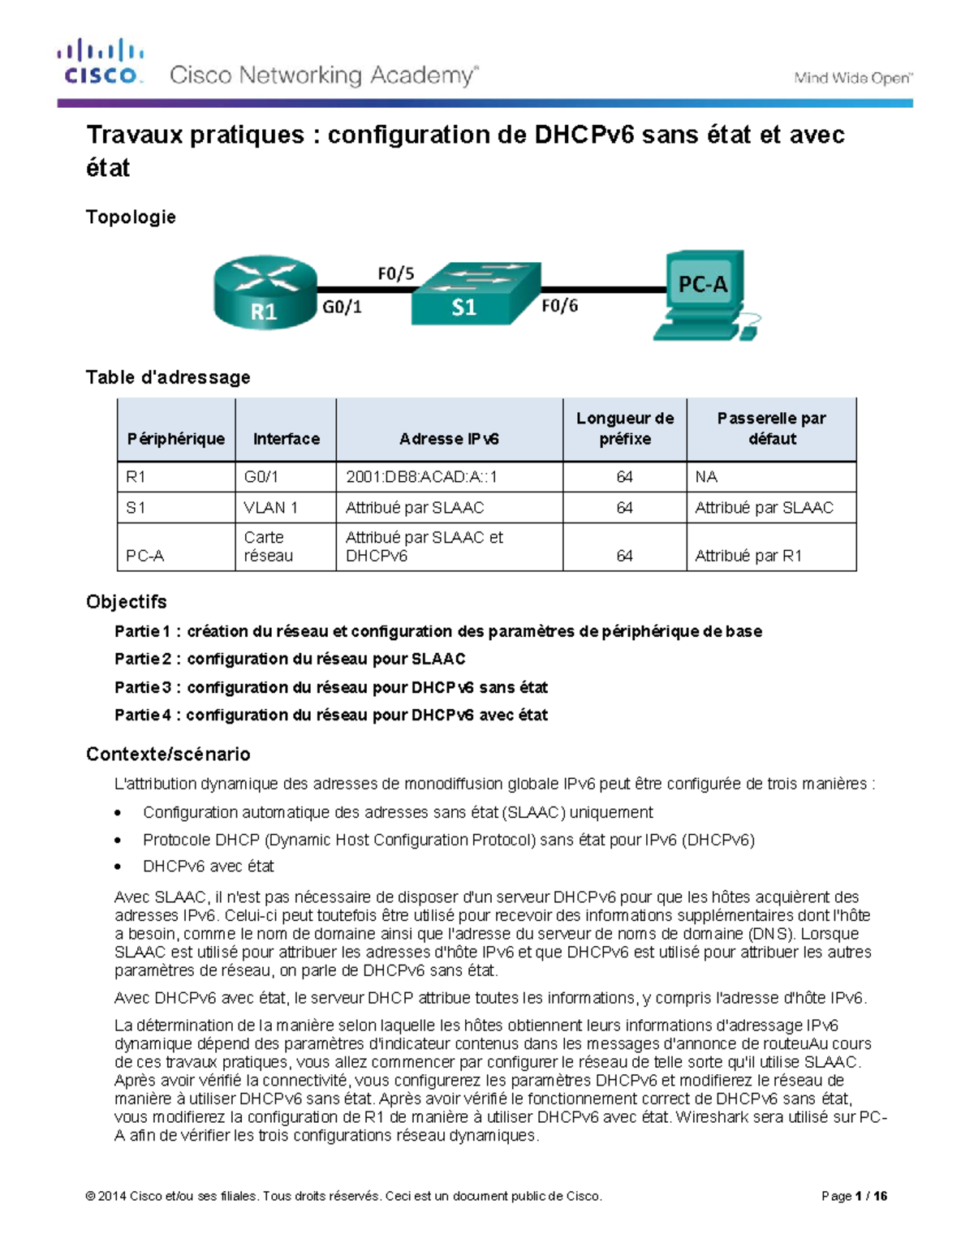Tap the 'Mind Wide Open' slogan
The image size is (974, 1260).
coord(853,78)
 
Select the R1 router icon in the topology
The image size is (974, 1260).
coord(265,293)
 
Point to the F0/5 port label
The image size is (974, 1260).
coord(395,273)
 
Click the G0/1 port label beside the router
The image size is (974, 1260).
coord(342,307)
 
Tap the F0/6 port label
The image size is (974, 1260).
coord(559,306)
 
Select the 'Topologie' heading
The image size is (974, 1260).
coord(131,217)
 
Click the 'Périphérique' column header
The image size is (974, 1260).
coord(175,438)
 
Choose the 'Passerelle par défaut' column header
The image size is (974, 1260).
coord(771,428)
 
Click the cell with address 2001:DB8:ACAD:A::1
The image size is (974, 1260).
coord(421,477)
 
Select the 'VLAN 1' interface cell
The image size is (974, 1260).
coord(270,508)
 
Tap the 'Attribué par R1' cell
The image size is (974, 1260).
coord(748,556)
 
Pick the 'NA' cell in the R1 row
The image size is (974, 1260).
coord(706,477)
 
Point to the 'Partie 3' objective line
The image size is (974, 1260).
coord(330,687)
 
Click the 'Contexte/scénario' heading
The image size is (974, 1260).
coord(168,754)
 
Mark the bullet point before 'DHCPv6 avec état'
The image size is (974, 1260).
coord(119,867)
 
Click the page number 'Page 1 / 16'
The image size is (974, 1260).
coord(854,1196)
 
